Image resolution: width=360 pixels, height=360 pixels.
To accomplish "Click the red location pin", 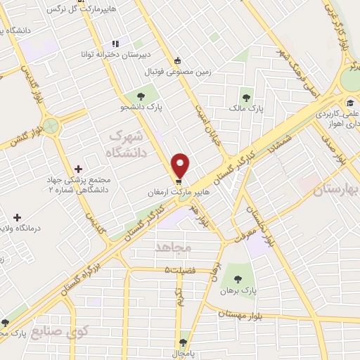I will point(181,165).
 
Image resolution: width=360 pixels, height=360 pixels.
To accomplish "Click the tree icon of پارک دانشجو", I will point(141,95).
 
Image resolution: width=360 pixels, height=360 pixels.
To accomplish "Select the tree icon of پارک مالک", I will point(246,97).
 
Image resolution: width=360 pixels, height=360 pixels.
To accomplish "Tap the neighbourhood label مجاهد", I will point(172,247).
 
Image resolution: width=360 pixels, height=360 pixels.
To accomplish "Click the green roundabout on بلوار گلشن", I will point(50,127).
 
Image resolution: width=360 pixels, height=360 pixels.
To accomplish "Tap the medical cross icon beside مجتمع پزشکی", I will point(78,169).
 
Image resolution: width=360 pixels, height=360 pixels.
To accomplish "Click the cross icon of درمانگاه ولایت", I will point(17,218).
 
